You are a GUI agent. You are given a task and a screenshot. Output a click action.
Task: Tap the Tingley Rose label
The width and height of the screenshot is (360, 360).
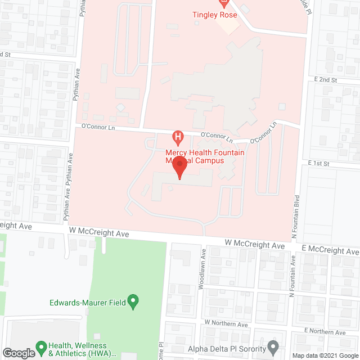215,15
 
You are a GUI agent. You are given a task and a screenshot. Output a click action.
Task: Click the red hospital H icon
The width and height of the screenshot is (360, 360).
178,137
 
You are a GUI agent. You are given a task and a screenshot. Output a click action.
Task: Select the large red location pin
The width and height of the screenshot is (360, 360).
179,168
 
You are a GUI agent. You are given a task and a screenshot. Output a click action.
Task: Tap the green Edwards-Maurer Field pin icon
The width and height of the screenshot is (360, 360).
133,302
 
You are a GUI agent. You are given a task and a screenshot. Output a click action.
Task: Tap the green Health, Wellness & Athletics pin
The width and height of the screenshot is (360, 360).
40,346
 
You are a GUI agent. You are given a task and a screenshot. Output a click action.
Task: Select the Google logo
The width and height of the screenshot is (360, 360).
19,353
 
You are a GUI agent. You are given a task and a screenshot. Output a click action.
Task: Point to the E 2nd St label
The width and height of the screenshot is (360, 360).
326,80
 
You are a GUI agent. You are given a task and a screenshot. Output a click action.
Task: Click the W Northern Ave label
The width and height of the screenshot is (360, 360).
226,324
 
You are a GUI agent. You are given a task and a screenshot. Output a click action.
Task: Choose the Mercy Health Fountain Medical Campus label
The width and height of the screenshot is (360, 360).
195,156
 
